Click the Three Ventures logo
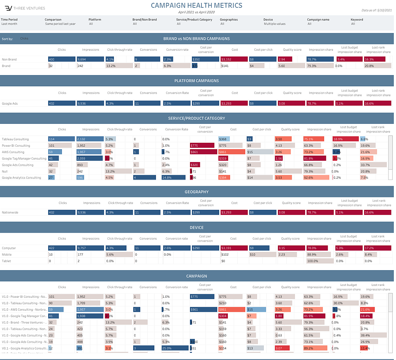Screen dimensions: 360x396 coord(9,8)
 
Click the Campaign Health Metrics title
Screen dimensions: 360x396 coord(196,5)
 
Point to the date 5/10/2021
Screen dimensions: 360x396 coord(385,10)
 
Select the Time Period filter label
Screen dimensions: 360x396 coord(9,20)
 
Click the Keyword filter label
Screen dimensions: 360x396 coord(357,20)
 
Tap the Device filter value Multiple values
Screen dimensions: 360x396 coord(274,24)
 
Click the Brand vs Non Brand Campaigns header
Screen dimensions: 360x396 coord(196,39)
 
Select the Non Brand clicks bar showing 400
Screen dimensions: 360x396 coord(62,59)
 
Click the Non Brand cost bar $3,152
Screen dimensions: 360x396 coord(234,59)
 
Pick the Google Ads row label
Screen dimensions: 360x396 coord(10,104)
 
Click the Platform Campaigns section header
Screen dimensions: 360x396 coord(196,81)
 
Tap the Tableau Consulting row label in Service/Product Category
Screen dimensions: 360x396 coord(15,139)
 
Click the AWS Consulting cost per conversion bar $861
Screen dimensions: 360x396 coord(203,152)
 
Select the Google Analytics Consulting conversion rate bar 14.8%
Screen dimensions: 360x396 coord(174,178)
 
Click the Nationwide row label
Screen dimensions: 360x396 coord(10,212)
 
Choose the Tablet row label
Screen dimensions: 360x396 coord(6,261)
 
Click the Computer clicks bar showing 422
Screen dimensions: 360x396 coord(62,248)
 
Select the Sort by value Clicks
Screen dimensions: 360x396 coord(24,39)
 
